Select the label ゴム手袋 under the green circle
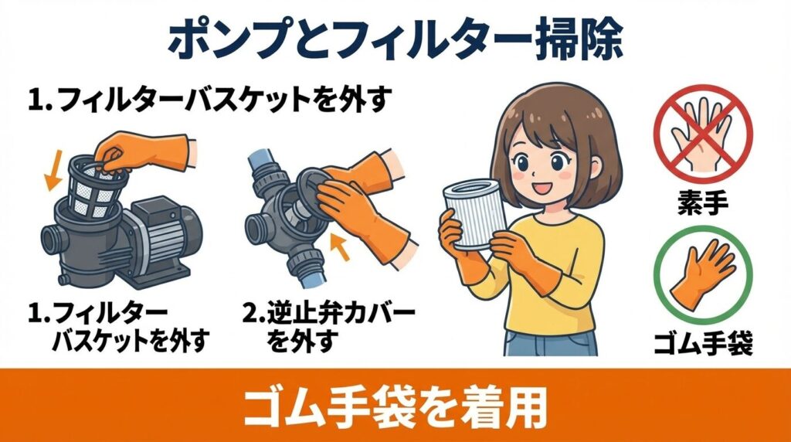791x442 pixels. point(703,343)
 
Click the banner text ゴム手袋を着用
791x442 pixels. point(395,406)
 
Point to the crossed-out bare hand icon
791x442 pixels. point(703,134)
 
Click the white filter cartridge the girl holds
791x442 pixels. point(474,215)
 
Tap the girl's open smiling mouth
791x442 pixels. point(540,189)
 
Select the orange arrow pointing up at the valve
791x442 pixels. point(340,246)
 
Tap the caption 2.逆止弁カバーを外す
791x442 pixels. point(328,326)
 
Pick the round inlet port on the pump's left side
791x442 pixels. point(51,240)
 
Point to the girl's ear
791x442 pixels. point(596,168)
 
